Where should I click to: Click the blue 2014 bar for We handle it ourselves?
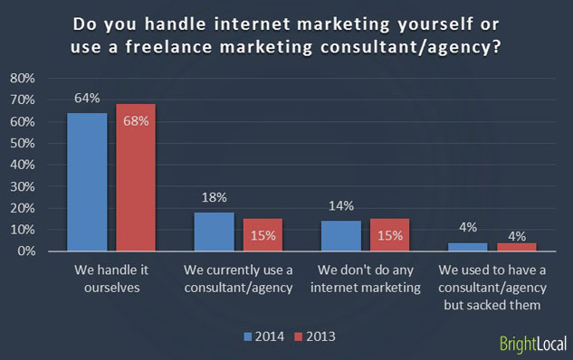point(87,182)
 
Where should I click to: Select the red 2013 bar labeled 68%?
point(136,177)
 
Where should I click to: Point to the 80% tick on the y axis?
point(22,79)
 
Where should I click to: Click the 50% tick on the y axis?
point(22,143)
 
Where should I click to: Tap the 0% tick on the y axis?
point(24,251)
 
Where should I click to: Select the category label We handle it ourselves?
point(111,278)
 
